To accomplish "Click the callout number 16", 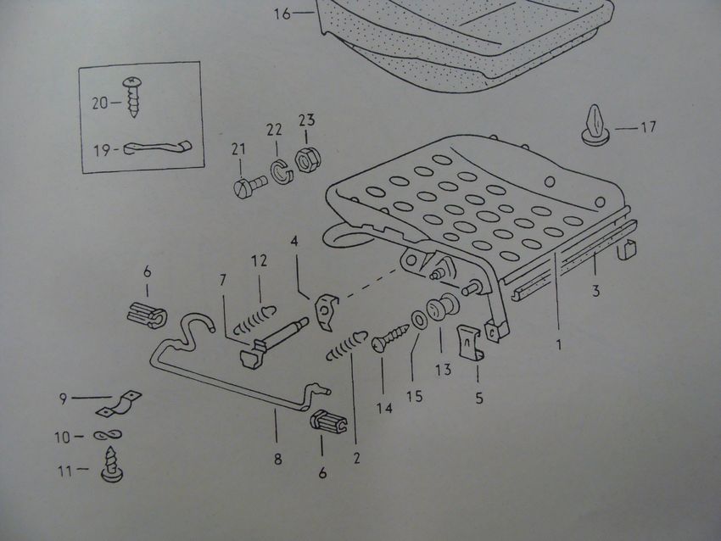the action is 282,14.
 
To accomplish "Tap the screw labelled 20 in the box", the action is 132,98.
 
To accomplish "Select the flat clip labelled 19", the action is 158,147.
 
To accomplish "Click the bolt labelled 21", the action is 249,186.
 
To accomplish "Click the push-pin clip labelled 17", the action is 596,125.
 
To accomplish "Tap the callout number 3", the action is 596,291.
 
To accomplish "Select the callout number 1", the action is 559,345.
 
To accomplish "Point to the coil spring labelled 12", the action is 254,318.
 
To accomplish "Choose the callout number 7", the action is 223,280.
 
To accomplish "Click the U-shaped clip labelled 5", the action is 472,343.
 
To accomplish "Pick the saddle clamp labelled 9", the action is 119,404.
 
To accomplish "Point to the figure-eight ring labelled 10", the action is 108,435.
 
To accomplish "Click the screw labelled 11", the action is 112,463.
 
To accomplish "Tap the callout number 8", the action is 277,460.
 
